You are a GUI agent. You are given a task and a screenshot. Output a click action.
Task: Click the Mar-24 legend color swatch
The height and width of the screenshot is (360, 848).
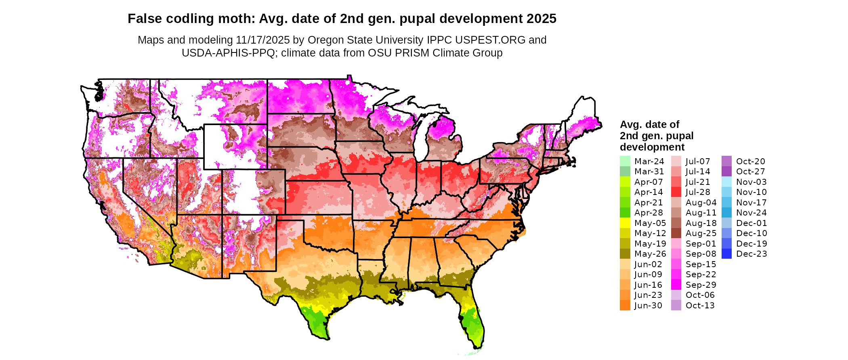[x=625, y=161]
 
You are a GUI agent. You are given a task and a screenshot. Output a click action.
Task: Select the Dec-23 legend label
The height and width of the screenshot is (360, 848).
[x=751, y=254]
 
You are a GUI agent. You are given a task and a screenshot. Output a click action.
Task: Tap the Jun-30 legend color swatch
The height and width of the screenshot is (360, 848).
[x=625, y=305]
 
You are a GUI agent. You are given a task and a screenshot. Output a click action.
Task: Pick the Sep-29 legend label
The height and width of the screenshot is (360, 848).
[x=701, y=285]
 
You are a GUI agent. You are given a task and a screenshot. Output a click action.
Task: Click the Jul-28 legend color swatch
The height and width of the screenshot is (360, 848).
[x=676, y=192]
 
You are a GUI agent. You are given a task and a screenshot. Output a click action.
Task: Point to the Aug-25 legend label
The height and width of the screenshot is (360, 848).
[x=701, y=233]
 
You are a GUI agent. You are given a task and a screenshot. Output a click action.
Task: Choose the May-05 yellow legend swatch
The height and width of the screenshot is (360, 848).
[x=625, y=223]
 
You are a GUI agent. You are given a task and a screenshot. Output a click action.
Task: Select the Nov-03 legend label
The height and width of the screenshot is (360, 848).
[x=751, y=182]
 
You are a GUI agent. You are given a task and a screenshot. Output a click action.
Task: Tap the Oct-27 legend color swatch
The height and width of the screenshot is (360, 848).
[x=726, y=172]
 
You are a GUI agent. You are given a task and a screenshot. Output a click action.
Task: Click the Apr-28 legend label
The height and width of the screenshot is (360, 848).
[x=649, y=213]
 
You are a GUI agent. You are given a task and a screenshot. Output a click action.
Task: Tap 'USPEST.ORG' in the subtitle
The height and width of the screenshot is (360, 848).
[x=490, y=40]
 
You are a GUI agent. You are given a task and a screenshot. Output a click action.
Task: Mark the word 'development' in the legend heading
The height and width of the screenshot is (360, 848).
[x=652, y=147]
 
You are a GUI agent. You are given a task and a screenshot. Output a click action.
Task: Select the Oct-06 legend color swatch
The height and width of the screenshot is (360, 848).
[x=676, y=295]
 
